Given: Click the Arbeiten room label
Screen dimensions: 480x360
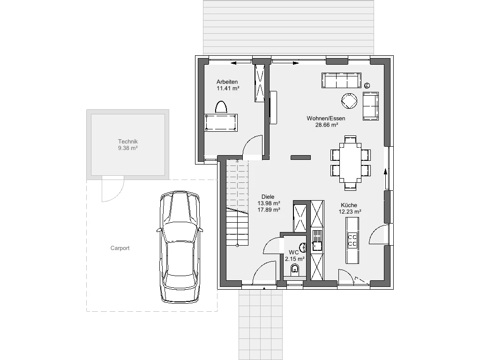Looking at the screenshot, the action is point(227,82).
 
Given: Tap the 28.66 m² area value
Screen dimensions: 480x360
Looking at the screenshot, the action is point(327,125).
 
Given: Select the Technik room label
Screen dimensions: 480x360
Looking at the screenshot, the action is point(128,142).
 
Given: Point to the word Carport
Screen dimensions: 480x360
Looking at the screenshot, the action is point(120,248).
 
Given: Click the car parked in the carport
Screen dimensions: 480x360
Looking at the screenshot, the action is point(180,247).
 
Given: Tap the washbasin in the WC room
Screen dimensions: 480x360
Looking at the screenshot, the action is point(303,247).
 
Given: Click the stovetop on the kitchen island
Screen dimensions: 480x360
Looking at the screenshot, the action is point(352,240).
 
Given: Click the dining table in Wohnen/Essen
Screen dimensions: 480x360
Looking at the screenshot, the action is point(351,163).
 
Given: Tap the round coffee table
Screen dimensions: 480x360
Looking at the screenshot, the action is point(349,101).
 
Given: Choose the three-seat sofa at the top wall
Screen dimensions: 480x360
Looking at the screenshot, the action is point(341,81).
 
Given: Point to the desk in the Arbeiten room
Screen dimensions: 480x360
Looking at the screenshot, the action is point(221,123).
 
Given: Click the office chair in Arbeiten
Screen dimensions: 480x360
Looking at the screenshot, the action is point(221,107).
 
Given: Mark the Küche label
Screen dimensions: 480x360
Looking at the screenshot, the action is point(349,205).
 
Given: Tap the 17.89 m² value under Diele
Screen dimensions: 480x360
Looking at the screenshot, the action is point(269,210).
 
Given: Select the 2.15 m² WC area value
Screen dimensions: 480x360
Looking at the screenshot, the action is point(294,259).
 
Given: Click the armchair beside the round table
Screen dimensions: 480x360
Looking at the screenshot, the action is point(371,106).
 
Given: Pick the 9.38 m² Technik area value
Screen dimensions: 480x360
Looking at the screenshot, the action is point(128,148).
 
